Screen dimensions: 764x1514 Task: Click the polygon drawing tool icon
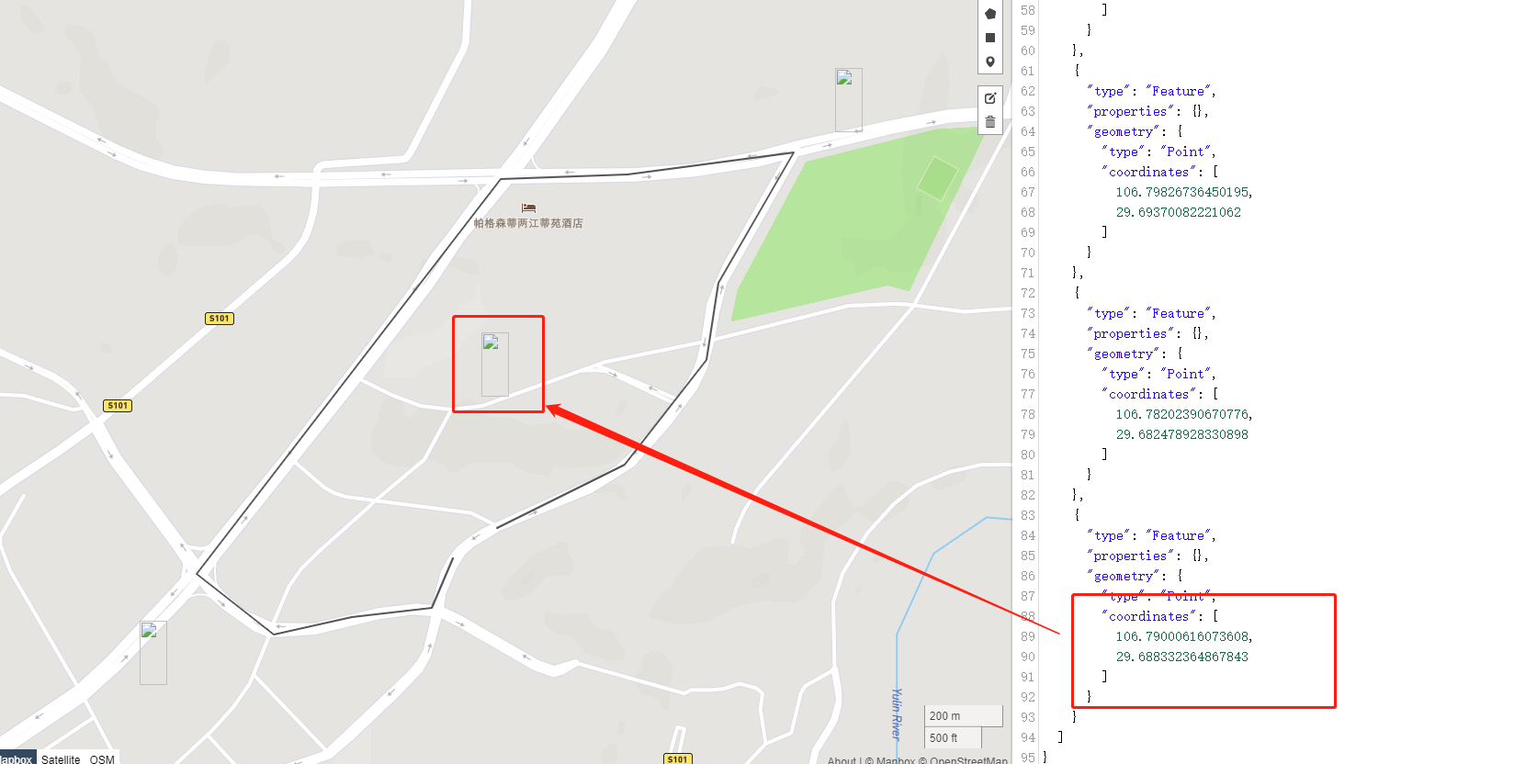tap(990, 14)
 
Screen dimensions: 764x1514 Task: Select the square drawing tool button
tap(990, 38)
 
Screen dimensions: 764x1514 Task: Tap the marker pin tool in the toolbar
tap(990, 62)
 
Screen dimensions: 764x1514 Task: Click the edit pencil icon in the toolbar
tap(990, 98)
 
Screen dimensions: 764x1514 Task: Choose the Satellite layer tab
tap(61, 759)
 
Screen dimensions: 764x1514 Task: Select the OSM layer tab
tap(102, 759)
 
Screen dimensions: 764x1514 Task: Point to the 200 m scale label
tap(945, 716)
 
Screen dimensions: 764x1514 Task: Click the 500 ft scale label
tap(943, 738)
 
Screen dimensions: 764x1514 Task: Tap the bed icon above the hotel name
tap(528, 208)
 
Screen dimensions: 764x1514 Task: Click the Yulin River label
tap(897, 713)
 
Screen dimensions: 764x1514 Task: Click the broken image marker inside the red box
tap(494, 364)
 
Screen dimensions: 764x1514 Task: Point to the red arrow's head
tap(551, 408)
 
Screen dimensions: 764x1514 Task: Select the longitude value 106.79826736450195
tap(1183, 192)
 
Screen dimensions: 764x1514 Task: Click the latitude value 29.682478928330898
tap(1181, 434)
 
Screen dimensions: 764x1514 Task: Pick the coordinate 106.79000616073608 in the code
tap(1183, 636)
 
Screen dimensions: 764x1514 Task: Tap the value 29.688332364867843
tap(1181, 657)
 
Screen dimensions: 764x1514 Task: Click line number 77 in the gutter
tap(1027, 394)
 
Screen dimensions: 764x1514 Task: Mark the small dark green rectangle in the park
tap(937, 178)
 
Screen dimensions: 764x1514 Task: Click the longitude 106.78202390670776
tap(1183, 414)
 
